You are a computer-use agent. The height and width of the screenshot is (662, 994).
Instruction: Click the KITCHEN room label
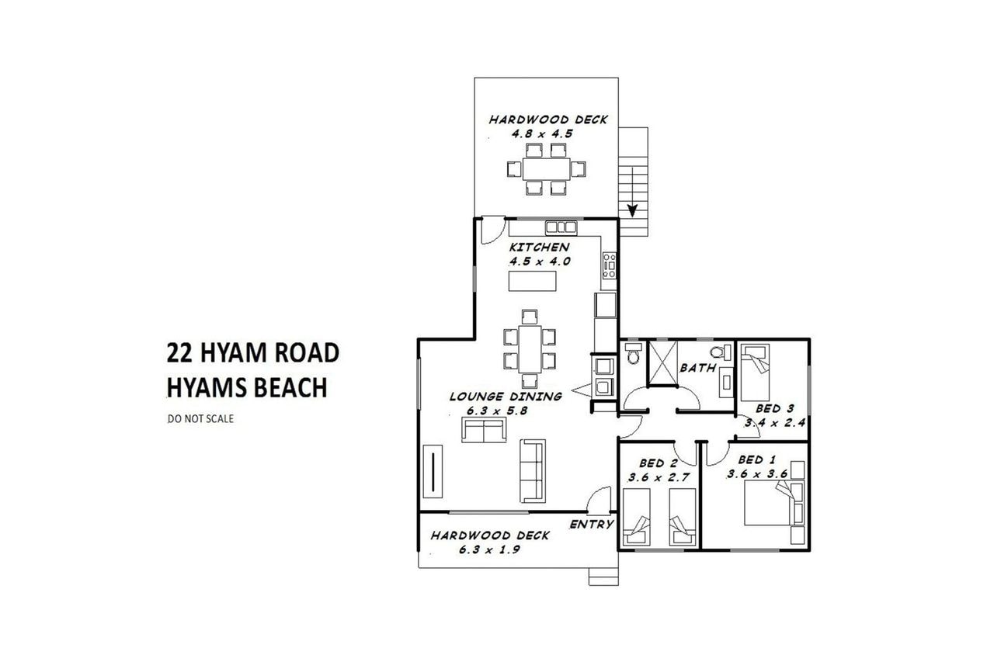[x=539, y=247]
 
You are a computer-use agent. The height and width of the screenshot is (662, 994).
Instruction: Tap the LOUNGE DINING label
[x=506, y=397]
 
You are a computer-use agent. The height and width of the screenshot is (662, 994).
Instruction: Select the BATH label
[x=698, y=368]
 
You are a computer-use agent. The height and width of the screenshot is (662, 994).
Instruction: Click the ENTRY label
[x=592, y=525]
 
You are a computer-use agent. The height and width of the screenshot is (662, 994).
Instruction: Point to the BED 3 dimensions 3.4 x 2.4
[x=775, y=423]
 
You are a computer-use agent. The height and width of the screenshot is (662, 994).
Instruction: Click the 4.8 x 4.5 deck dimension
[x=542, y=134]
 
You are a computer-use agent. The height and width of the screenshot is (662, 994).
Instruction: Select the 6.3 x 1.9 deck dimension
[x=489, y=549]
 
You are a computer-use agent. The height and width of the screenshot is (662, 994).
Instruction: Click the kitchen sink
[x=561, y=227]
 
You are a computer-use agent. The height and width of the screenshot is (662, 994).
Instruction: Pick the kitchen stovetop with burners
[x=610, y=265]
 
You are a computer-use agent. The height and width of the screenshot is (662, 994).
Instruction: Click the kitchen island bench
[x=532, y=281]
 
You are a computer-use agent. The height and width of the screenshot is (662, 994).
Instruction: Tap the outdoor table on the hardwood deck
[x=546, y=169]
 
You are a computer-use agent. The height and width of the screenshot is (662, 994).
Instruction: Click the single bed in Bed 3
[x=755, y=373]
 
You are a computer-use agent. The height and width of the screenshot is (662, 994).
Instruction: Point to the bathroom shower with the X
[x=662, y=363]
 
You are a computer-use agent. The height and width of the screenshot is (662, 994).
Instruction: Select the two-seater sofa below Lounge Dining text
[x=484, y=430]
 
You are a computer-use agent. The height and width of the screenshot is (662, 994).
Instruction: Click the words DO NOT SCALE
[x=200, y=419]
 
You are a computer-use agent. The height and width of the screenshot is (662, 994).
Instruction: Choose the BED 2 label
[x=659, y=463]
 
